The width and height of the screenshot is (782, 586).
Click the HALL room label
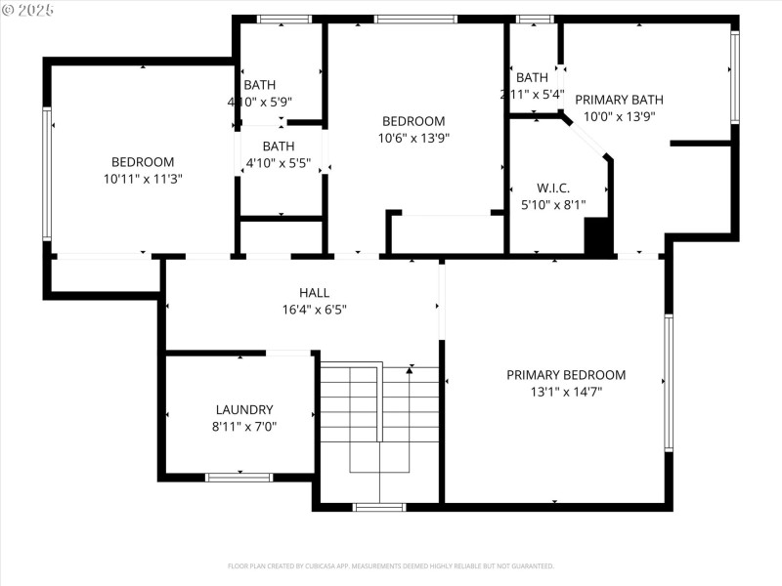314,292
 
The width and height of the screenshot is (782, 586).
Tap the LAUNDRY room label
244,409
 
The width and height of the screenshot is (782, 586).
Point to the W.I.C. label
553,188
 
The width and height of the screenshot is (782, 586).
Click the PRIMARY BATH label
619,100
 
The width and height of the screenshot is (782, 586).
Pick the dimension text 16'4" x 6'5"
314,309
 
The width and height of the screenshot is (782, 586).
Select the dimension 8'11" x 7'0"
244,427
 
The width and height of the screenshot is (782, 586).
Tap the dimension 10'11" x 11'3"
143,179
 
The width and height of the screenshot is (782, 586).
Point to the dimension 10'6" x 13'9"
413,138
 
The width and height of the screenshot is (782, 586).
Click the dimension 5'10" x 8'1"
553,205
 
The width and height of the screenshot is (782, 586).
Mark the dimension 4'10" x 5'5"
279,164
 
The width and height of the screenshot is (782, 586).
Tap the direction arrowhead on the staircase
410,368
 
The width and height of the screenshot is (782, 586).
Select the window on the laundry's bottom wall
239,478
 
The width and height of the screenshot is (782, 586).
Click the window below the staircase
379,507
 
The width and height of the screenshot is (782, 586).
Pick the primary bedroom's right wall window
669,382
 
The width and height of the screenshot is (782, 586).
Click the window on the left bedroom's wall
46,173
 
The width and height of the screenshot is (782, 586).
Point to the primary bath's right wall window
734,77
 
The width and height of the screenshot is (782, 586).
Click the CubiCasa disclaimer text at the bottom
391,565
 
